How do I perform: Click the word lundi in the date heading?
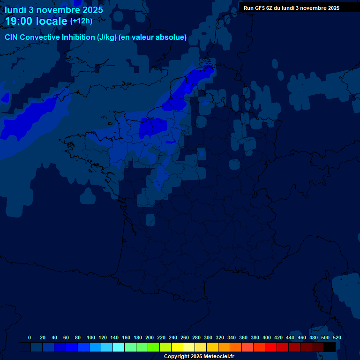coord(16,10)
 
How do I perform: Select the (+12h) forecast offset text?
coord(81,21)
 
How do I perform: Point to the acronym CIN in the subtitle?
coord(12,37)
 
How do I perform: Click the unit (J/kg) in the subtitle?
coord(106,37)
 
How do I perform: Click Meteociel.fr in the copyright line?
coord(219,357)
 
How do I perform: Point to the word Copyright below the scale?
coord(176,357)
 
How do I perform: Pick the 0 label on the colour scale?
coord(30,337)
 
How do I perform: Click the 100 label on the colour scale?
coord(91,337)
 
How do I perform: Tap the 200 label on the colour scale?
coord(150,337)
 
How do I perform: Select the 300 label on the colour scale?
coord(208,337)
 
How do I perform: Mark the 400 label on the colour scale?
coord(267,337)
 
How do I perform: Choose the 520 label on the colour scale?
coord(337,337)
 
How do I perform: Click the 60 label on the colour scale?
coord(66,337)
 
